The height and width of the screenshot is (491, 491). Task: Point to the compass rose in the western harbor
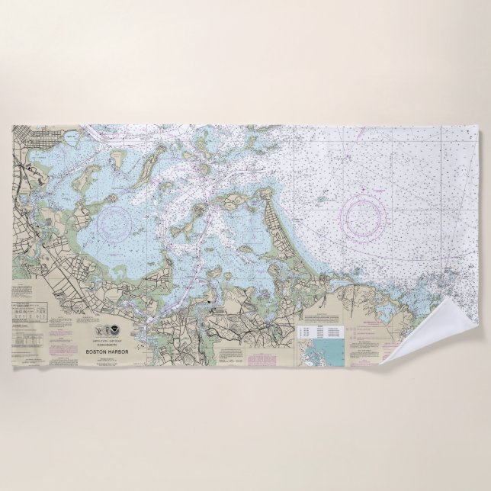click(115, 223)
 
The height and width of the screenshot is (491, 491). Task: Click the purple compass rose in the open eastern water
click(367, 214)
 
